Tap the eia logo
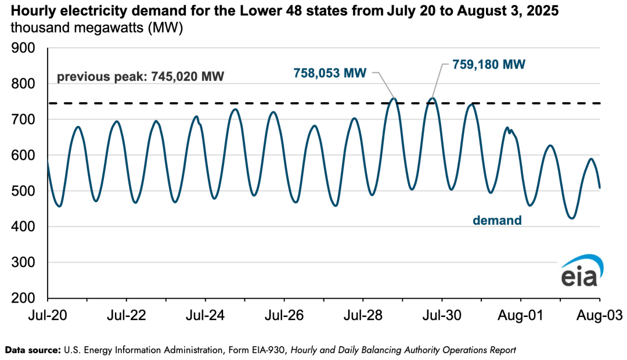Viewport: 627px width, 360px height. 579,271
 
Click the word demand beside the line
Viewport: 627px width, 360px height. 496,221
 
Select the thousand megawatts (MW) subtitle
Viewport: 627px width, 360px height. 96,28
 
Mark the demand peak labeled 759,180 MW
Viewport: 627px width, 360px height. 433,98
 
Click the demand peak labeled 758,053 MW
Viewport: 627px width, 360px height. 394,98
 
